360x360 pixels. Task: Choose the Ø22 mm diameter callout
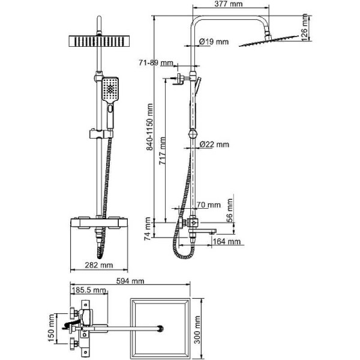point(214,144)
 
